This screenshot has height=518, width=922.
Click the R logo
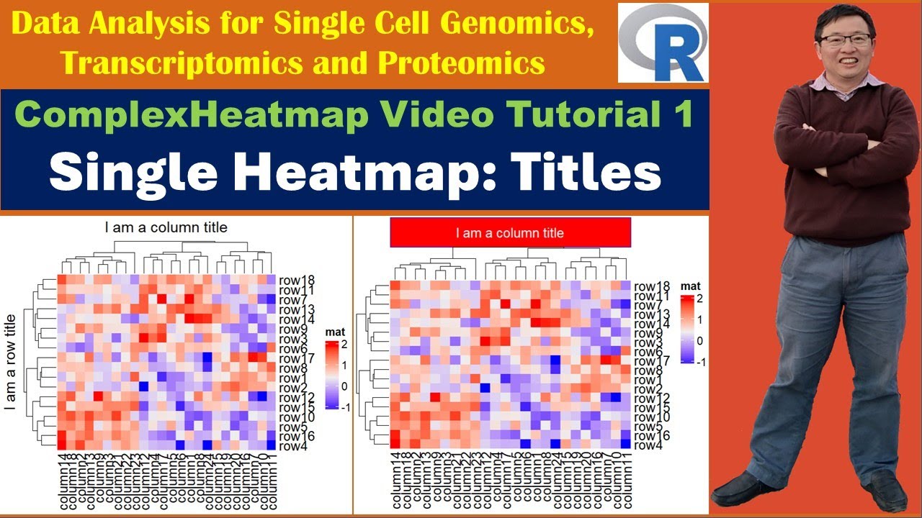point(663,43)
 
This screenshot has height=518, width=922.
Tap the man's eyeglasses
point(846,40)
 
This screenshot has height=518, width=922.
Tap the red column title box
point(510,233)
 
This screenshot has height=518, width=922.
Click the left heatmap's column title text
point(166,227)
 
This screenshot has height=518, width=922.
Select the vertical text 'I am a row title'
point(10,361)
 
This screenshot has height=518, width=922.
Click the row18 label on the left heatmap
point(295,281)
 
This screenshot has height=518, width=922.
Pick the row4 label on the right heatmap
point(648,445)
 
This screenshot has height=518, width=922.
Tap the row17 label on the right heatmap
point(652,360)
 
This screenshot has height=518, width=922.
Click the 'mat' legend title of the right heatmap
point(690,286)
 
